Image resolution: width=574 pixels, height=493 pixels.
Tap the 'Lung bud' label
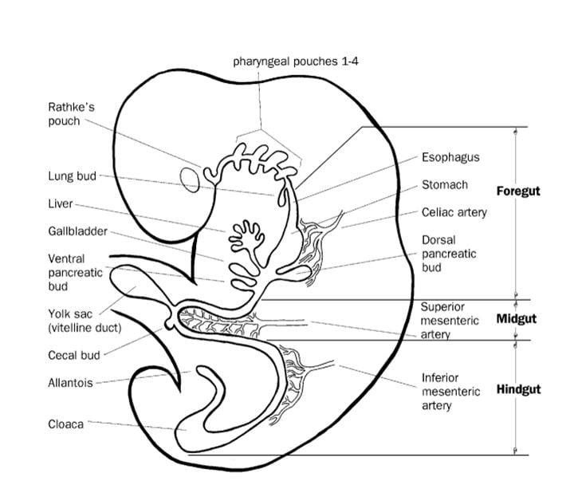click(73, 176)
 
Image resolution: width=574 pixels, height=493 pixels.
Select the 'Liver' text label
click(61, 204)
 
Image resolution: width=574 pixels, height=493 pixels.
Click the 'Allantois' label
click(70, 383)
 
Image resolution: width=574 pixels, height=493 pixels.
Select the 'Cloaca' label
click(65, 424)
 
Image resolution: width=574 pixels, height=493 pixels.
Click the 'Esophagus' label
click(450, 157)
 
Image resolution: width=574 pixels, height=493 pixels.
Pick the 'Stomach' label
click(445, 185)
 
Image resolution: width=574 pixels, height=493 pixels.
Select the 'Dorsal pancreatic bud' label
click(449, 254)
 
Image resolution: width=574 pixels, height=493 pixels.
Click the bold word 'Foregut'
click(518, 191)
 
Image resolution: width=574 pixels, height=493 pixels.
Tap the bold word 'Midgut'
click(517, 319)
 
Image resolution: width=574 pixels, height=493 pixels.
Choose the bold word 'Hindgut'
click(518, 390)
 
